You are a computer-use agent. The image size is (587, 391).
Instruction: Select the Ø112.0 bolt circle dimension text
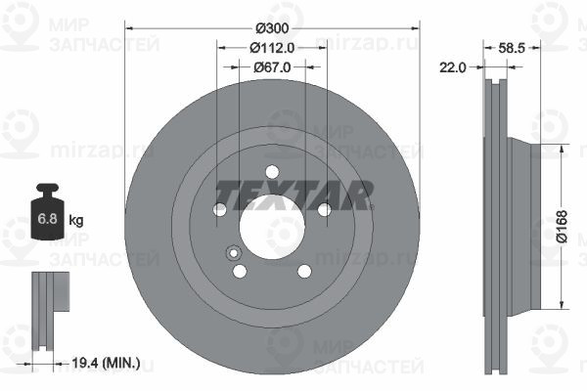pyautogui.click(x=272, y=48)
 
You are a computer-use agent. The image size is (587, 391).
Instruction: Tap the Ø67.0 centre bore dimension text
pyautogui.click(x=272, y=67)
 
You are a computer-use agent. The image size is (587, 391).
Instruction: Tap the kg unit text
pyautogui.click(x=75, y=221)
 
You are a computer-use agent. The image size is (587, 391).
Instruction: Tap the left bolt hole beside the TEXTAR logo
pyautogui.click(x=219, y=210)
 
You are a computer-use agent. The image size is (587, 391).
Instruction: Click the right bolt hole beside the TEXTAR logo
pyautogui.click(x=324, y=210)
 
